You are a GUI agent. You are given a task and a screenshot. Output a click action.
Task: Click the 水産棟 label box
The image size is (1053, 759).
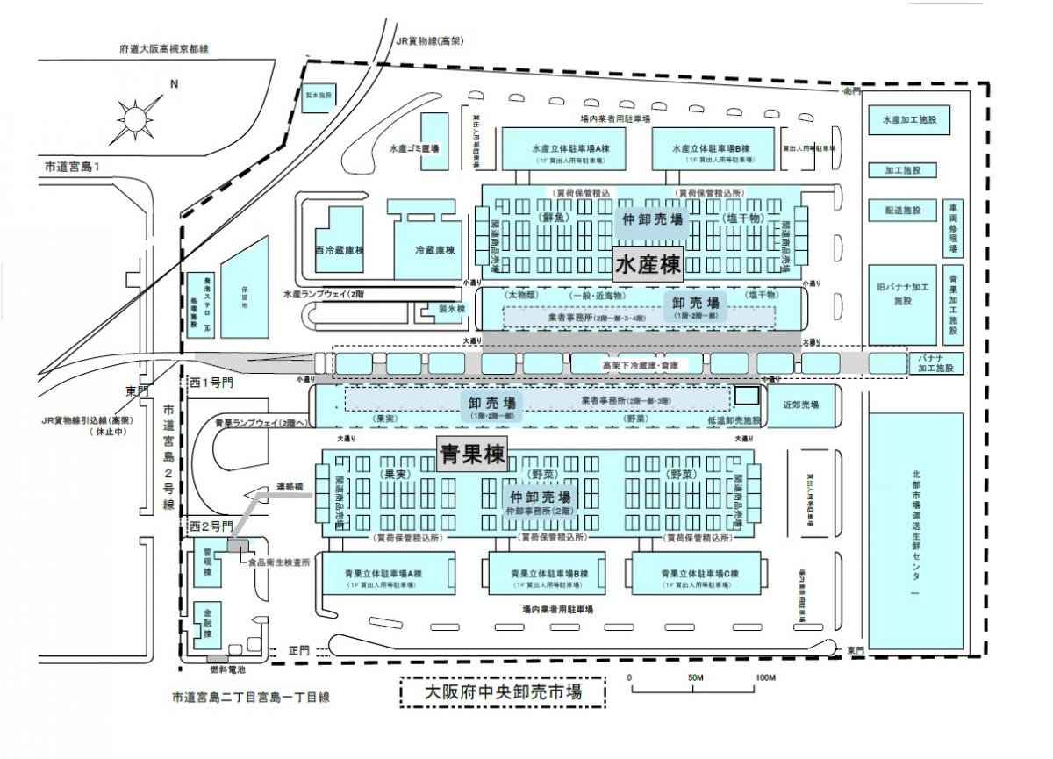pyautogui.click(x=648, y=264)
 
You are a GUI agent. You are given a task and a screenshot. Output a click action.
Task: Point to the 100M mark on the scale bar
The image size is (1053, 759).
pyautogui.click(x=764, y=678)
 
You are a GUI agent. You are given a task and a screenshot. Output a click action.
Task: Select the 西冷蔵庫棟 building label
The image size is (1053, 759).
pyautogui.click(x=339, y=250)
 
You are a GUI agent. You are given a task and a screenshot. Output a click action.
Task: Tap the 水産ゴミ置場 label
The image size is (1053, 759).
pyautogui.click(x=412, y=149)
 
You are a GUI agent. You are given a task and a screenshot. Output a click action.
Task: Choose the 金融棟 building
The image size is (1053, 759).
pyautogui.click(x=208, y=620)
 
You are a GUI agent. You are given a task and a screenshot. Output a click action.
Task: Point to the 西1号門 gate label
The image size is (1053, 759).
pyautogui.click(x=209, y=384)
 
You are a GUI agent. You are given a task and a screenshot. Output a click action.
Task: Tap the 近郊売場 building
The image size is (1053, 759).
pyautogui.click(x=800, y=405)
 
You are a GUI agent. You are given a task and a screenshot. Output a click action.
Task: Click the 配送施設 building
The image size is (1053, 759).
pyautogui.click(x=903, y=211)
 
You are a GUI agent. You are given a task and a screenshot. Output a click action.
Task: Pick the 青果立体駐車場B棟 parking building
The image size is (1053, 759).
pyautogui.click(x=548, y=578)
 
